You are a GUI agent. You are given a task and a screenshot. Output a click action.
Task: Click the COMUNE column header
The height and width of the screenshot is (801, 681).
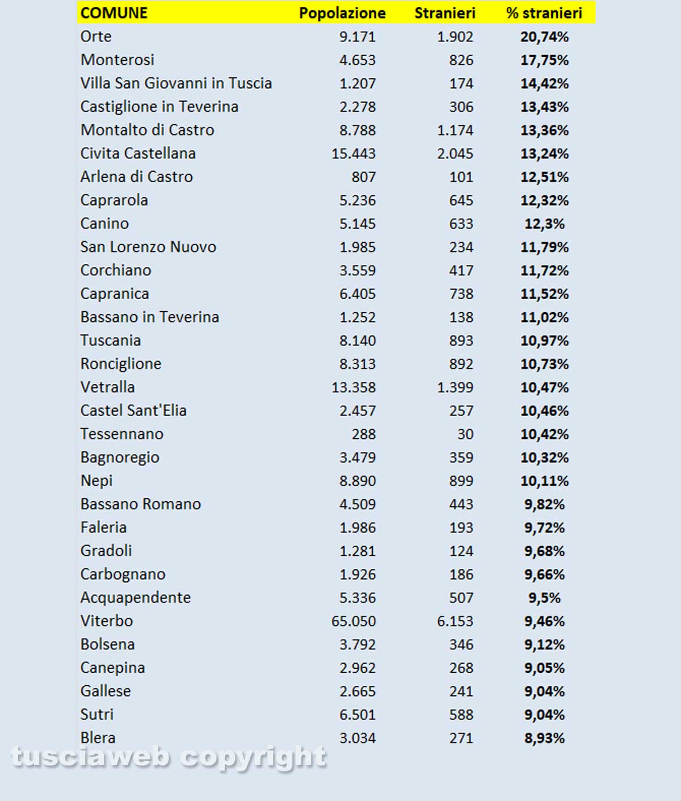tap(114, 13)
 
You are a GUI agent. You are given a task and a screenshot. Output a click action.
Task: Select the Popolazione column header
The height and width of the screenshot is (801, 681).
tap(342, 13)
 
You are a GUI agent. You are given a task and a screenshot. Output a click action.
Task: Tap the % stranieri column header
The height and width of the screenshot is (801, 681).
tap(544, 13)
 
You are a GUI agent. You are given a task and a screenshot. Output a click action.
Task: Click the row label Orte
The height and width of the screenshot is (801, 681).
tap(96, 36)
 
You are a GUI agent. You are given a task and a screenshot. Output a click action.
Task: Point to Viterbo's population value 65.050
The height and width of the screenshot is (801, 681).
tap(353, 621)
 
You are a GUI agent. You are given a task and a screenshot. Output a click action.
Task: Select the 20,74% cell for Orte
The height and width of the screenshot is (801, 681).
tap(544, 37)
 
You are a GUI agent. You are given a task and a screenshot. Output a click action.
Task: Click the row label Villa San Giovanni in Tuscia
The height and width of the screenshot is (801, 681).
tap(176, 83)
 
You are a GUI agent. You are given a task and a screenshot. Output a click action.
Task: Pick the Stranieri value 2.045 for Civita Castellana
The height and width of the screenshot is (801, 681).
tap(455, 154)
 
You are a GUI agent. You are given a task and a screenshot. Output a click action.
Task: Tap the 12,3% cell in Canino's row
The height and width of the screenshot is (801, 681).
tap(544, 224)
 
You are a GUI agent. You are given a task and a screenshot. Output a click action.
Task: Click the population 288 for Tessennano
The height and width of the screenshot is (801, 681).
tap(363, 434)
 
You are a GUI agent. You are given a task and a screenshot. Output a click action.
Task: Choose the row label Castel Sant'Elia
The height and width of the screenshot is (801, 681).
tap(133, 410)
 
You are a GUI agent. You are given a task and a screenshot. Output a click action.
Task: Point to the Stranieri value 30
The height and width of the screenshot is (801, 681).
tap(465, 434)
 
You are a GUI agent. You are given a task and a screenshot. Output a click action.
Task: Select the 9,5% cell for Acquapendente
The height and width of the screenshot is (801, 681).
tap(544, 598)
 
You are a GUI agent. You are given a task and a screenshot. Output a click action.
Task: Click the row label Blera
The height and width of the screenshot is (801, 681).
tap(98, 737)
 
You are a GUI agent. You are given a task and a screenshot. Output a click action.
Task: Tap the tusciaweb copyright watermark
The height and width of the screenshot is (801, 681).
tap(169, 757)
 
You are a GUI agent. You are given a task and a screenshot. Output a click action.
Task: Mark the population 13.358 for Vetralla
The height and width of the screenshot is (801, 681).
tap(353, 388)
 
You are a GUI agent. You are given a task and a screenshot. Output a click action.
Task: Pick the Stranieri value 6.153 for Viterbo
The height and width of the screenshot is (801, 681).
tap(455, 621)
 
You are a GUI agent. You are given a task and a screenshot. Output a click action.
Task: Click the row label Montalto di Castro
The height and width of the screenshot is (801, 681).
tap(147, 130)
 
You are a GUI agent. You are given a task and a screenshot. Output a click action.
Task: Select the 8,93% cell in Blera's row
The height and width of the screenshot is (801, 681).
tap(544, 738)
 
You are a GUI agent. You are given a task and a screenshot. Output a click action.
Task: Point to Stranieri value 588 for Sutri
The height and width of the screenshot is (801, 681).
tap(461, 715)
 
